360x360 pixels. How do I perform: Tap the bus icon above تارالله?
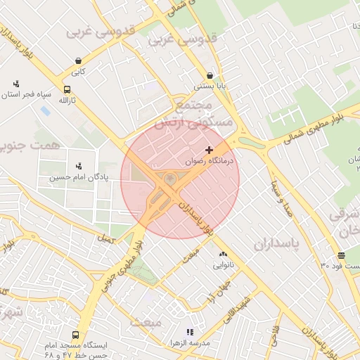67,90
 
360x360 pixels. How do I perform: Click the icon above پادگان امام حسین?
78,167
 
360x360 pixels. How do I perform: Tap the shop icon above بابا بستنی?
210,76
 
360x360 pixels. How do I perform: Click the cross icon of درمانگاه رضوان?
209,150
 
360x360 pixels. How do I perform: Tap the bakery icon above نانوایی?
223,255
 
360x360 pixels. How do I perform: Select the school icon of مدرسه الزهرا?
188,332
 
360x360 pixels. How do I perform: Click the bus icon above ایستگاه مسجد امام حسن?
75,335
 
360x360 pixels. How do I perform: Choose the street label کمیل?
106,239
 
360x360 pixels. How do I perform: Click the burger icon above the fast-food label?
341,255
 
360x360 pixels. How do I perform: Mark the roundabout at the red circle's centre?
170,180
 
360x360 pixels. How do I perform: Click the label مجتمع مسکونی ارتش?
192,115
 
